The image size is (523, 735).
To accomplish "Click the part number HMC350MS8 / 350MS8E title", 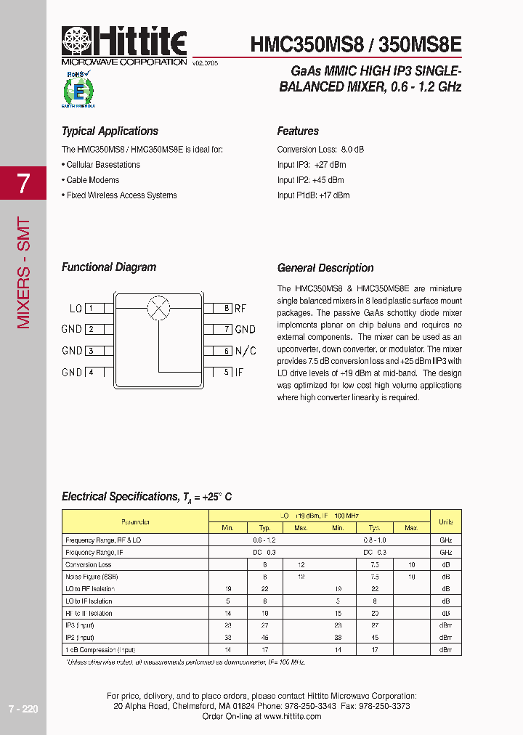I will click(x=355, y=44).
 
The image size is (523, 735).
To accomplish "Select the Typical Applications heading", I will click(x=110, y=131).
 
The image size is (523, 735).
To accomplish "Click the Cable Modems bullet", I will click(x=92, y=180).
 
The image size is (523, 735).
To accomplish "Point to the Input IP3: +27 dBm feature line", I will click(x=311, y=165).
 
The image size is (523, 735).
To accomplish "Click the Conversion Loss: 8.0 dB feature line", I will click(x=320, y=150).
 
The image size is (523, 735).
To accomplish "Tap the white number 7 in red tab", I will click(x=23, y=184).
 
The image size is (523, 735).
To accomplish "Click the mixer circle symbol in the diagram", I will click(x=158, y=308).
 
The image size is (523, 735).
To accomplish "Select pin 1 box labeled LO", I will click(x=91, y=308).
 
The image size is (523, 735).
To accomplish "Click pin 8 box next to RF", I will click(x=227, y=308).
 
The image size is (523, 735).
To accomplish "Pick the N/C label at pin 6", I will click(x=246, y=351).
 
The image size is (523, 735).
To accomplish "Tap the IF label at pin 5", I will click(x=239, y=373).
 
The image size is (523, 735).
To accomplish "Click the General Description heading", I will click(x=325, y=268).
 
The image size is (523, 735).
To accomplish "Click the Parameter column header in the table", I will click(x=135, y=521).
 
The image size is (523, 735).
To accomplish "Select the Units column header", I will click(x=445, y=521).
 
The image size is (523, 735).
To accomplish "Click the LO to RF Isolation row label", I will click(x=90, y=589).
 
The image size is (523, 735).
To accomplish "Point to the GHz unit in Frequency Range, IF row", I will click(x=445, y=553).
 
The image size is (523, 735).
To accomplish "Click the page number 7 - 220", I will click(x=23, y=709).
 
